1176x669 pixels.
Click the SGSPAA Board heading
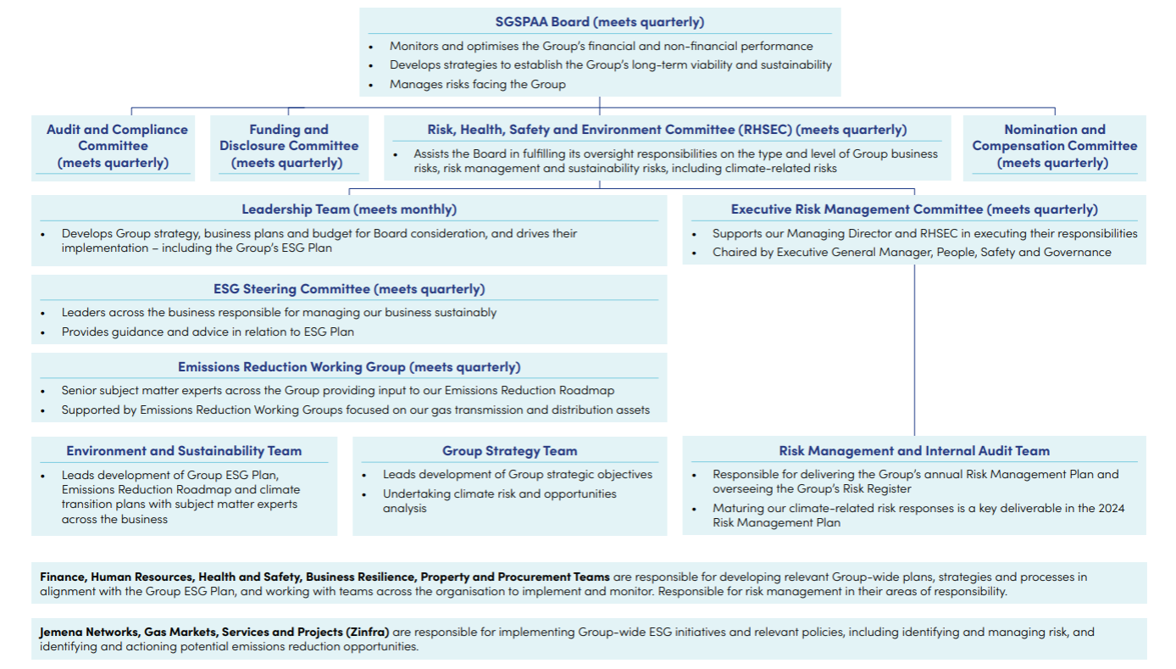click(599, 22)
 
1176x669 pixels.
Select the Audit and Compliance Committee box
click(117, 146)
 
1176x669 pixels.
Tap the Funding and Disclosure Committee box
click(288, 146)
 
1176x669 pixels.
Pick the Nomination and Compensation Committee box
click(1054, 146)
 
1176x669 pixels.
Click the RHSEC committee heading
click(667, 130)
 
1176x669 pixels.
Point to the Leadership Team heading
click(348, 209)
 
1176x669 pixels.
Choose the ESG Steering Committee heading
click(348, 289)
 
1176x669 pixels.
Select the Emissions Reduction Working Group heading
click(348, 367)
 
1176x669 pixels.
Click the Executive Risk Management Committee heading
click(913, 209)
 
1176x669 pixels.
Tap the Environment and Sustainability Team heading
click(184, 451)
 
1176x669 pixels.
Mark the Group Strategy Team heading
click(509, 451)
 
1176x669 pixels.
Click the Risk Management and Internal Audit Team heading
click(913, 451)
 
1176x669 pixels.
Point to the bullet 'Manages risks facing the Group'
click(477, 85)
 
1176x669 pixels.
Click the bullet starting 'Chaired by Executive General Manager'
click(911, 252)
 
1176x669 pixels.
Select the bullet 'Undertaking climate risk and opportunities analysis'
click(499, 501)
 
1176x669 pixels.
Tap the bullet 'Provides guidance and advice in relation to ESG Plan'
click(208, 332)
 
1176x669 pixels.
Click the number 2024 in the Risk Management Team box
click(1110, 509)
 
